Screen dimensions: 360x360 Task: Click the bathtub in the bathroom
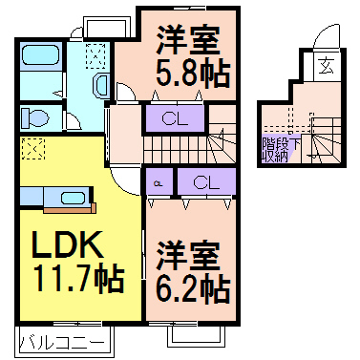pos(39,60)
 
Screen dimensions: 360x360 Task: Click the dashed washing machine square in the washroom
pos(96,54)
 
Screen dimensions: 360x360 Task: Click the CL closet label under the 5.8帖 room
pos(174,118)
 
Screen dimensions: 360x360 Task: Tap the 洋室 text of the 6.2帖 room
pos(188,255)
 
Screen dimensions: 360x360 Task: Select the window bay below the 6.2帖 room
pos(195,335)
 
